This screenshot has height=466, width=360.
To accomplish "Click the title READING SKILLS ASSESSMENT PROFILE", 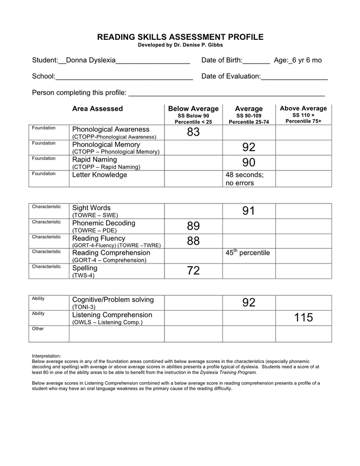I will [181, 37].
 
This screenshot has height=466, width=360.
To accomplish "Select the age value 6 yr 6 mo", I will [307, 60].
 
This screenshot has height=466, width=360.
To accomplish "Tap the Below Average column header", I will [193, 109].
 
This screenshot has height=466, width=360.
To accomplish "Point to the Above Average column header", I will [303, 109].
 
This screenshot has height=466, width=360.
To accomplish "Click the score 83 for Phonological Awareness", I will [193, 133].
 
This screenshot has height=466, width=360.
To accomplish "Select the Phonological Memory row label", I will [106, 144].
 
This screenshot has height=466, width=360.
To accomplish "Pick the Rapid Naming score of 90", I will [249, 163].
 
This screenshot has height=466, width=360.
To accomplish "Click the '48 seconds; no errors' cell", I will [245, 179].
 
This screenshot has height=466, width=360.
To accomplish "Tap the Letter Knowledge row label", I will [99, 175].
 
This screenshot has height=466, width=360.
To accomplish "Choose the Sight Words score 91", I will [249, 211].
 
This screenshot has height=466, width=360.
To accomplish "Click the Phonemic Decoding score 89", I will [193, 226].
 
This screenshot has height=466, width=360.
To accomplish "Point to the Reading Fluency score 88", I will [193, 241].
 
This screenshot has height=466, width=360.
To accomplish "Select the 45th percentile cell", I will [248, 253].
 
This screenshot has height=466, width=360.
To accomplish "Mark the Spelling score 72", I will [193, 271].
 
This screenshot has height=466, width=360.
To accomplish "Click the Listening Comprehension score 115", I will [304, 318].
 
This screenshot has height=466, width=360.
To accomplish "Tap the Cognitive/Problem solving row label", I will [113, 300].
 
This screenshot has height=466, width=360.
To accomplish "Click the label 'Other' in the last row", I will [38, 329].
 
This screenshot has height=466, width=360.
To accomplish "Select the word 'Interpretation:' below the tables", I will [47, 356].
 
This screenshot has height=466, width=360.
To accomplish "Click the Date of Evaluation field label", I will [231, 77].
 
